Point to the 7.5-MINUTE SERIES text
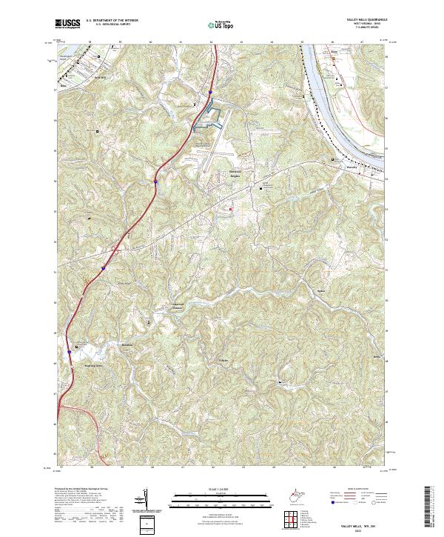[x=365, y=30]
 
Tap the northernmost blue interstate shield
[x=210, y=93]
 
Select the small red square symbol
[x=231, y=210]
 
